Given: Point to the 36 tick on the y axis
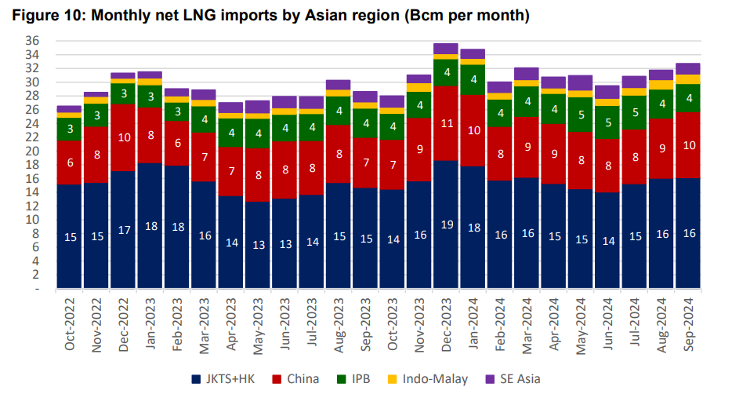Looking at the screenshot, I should point(32,41).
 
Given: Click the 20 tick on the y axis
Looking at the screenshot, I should point(32,151).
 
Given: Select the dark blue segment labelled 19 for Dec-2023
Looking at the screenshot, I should point(446,225).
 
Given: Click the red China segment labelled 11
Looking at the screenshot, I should point(446,123).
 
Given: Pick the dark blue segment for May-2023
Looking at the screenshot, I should point(258,245).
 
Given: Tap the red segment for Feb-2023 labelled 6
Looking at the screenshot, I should point(177,143).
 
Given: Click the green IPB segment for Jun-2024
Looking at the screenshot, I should point(607,122).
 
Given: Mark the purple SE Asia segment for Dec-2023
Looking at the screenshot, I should point(446,49).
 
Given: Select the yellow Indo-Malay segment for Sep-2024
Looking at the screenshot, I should point(688,79).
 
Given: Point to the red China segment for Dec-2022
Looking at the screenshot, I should point(124,137).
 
